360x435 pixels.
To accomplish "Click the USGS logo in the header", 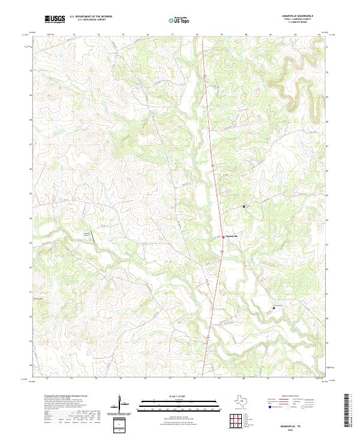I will click(x=55, y=19).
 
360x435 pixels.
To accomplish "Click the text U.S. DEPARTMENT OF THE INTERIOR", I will click(x=91, y=17).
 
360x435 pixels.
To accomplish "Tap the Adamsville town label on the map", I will click(x=231, y=238).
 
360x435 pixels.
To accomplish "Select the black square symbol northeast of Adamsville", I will click(x=244, y=206).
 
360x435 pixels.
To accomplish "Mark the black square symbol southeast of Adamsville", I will click(x=274, y=308).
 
